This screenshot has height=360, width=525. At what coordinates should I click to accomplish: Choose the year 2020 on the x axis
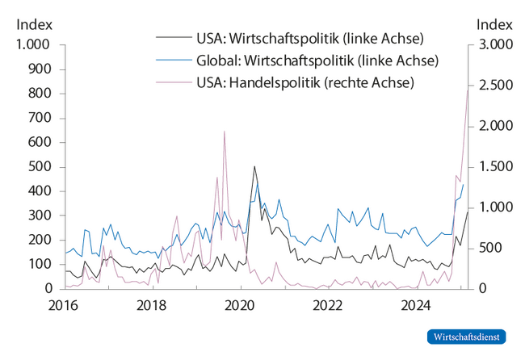click(x=240, y=306)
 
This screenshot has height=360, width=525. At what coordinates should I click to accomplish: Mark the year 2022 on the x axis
click(x=330, y=306)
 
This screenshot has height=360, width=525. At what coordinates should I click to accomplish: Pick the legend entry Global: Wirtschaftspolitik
click(x=316, y=61)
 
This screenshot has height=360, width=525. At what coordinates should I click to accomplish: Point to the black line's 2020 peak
click(x=254, y=167)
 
